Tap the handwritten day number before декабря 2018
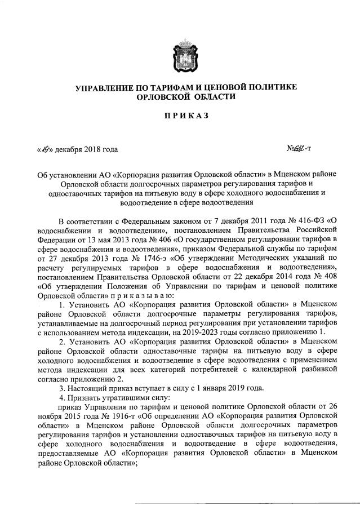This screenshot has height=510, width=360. point(45,149)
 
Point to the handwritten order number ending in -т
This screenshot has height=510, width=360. point(300,149)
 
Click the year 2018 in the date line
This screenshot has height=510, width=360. point(92,150)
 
